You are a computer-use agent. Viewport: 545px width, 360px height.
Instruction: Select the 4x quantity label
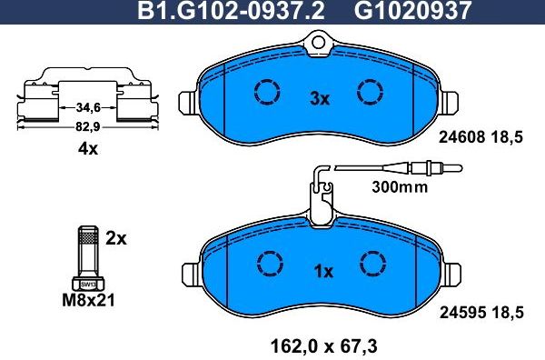click(87, 150)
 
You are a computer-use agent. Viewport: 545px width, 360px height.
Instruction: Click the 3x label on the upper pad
click(319, 99)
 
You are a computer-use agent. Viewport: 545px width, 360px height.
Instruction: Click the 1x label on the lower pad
click(324, 270)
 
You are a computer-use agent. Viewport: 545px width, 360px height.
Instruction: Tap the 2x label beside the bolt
click(115, 238)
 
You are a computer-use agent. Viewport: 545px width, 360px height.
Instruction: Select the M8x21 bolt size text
click(86, 299)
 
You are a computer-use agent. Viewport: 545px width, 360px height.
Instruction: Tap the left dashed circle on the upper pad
click(267, 92)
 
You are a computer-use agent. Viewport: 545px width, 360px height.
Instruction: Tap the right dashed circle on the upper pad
click(372, 92)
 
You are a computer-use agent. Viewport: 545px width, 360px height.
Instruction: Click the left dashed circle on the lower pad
click(267, 262)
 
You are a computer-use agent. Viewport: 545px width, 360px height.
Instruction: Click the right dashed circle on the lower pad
click(372, 262)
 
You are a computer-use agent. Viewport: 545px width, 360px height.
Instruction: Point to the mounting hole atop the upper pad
click(319, 39)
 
